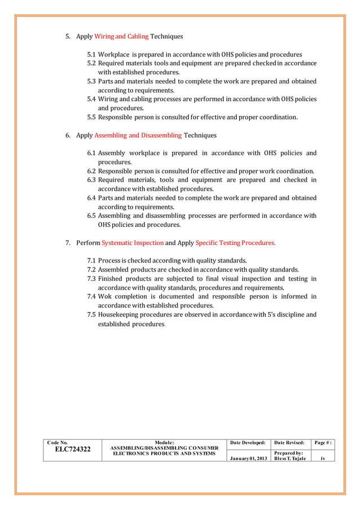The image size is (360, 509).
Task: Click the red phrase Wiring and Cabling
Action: [121, 37]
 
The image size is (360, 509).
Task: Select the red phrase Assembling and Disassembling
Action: [138, 135]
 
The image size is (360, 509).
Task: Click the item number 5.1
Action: [91, 55]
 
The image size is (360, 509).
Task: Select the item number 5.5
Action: [91, 117]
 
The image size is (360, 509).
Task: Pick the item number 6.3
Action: [91, 180]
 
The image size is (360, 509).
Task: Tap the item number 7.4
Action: [91, 296]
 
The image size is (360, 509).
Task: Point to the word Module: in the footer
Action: [164, 442]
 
